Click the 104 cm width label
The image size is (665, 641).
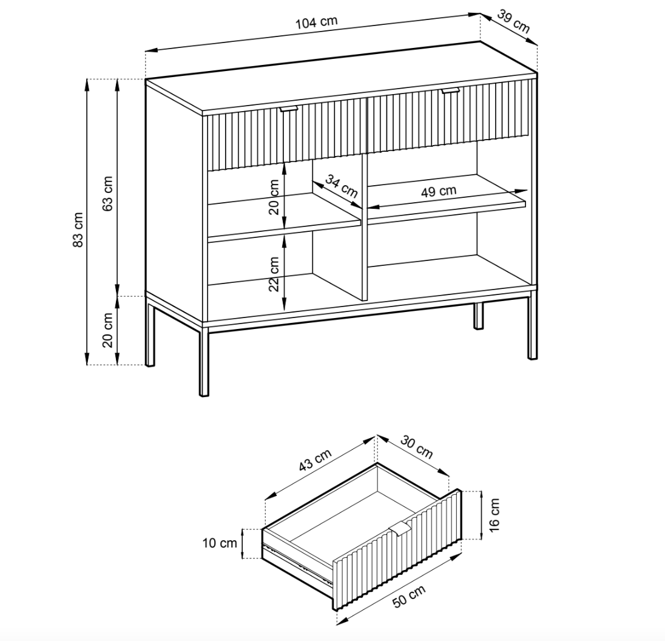[316, 22]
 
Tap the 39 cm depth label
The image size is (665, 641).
[513, 21]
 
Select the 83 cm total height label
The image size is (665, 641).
[78, 230]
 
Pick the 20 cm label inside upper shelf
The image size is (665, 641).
[274, 197]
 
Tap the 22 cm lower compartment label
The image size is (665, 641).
[274, 273]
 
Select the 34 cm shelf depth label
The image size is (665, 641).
[341, 185]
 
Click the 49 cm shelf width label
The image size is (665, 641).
[439, 191]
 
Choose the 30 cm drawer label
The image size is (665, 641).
[417, 449]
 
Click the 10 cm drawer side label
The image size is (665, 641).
[220, 543]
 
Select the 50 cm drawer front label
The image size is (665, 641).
[409, 597]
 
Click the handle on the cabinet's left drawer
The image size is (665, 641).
[289, 109]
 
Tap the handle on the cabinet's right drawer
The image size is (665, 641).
[451, 90]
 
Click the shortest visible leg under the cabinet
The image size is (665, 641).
[479, 316]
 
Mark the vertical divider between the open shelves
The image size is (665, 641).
[365, 228]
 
